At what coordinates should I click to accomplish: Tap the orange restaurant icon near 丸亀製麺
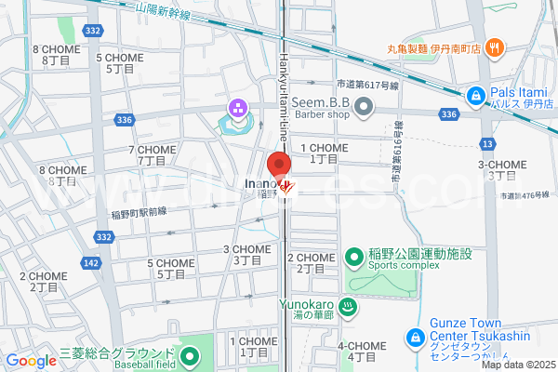(x=495, y=48)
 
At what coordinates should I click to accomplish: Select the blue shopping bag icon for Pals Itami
(x=474, y=95)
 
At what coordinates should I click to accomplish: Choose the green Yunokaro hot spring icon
(x=346, y=306)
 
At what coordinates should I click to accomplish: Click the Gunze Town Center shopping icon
(x=416, y=336)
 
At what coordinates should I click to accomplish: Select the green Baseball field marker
(x=189, y=355)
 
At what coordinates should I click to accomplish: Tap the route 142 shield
(x=90, y=263)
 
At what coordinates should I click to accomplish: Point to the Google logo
(x=31, y=361)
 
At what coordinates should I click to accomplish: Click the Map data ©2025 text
(x=517, y=365)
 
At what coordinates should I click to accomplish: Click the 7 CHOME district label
(x=152, y=154)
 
